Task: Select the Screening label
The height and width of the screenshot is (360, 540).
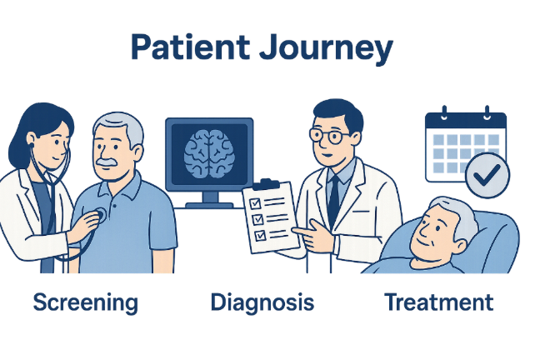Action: pos(85,302)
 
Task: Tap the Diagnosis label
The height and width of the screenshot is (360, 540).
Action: pos(262,302)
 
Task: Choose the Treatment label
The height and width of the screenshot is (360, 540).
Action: pos(439,302)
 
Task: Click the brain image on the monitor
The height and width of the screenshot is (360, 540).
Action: pos(209,152)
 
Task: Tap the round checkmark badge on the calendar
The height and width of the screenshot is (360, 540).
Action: pos(488,176)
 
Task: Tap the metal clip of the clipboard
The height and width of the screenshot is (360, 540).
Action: pos(267,182)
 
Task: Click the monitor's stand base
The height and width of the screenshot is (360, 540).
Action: pos(208,203)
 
